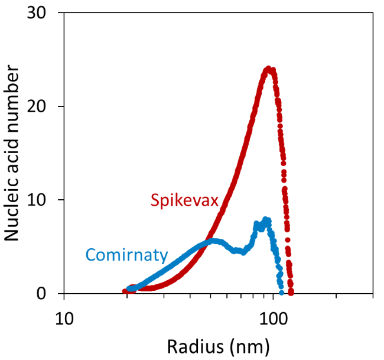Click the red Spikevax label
pos(184,200)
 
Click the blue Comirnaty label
pos(126,255)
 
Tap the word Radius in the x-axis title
pos(190,345)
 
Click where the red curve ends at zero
pos(291,291)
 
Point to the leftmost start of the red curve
pos(125,291)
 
